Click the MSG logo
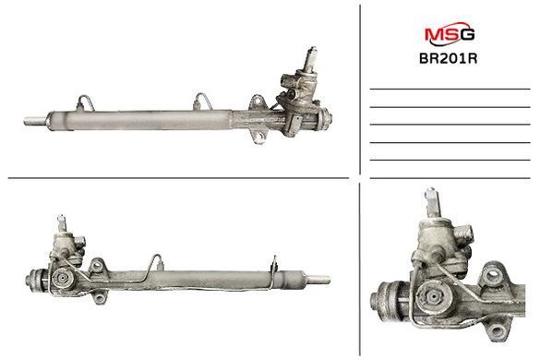coord(450,33)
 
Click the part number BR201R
coord(448,58)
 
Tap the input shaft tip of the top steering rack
coord(313,49)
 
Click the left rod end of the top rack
coord(34,121)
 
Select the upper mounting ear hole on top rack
coord(257,102)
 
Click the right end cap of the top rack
coord(324,119)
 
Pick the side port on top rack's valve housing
coord(286,81)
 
